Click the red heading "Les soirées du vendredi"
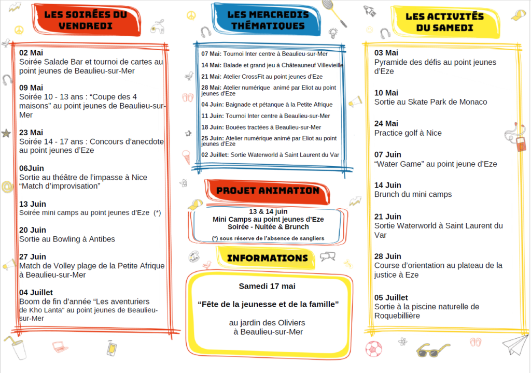(x=86, y=20)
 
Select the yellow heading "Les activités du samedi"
(x=444, y=22)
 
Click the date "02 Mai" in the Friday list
(x=31, y=53)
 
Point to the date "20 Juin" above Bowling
(x=33, y=230)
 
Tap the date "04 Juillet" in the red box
(x=36, y=293)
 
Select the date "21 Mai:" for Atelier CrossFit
(x=212, y=77)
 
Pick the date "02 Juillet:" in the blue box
(x=215, y=155)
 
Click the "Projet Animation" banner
(x=268, y=191)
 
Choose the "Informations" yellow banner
(x=267, y=258)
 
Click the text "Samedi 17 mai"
(x=267, y=286)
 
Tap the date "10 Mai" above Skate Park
(x=386, y=93)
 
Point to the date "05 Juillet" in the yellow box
(x=391, y=297)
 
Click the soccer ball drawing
(x=374, y=349)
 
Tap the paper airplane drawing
(x=515, y=345)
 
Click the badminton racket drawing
(x=334, y=13)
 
